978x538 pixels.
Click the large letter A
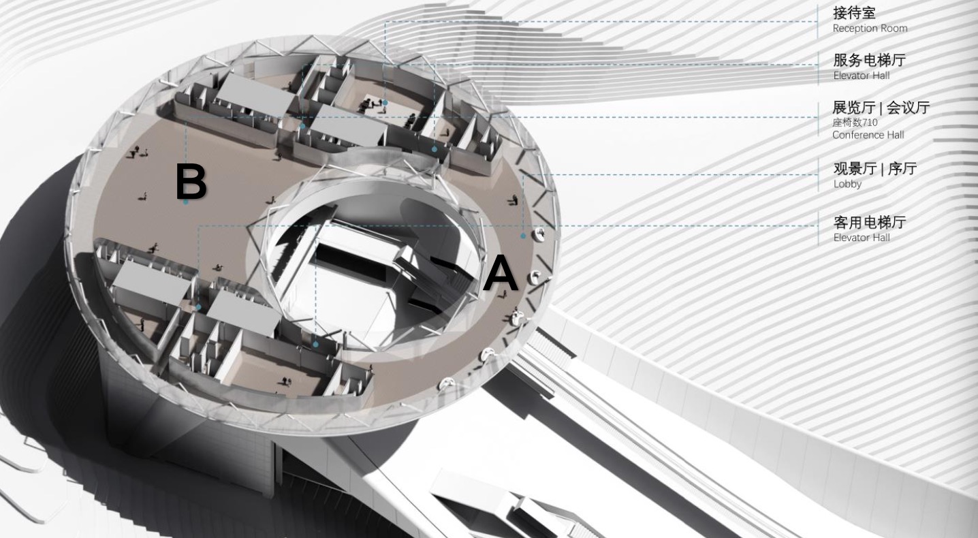(501, 273)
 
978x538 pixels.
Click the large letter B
(191, 181)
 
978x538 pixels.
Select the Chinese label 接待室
(854, 13)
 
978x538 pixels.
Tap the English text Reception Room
(870, 29)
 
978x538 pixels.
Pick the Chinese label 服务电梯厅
(869, 60)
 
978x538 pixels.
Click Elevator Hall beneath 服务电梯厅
(861, 76)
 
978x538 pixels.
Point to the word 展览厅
(853, 108)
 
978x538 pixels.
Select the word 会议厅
(908, 108)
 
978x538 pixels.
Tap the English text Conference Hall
(868, 135)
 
